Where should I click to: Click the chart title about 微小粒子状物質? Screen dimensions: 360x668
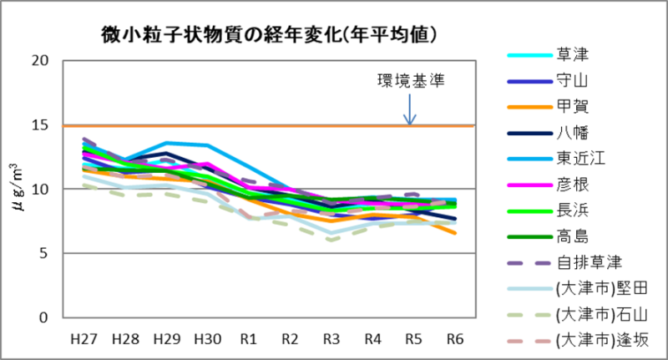[271, 35]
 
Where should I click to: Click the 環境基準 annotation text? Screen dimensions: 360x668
[410, 81]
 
